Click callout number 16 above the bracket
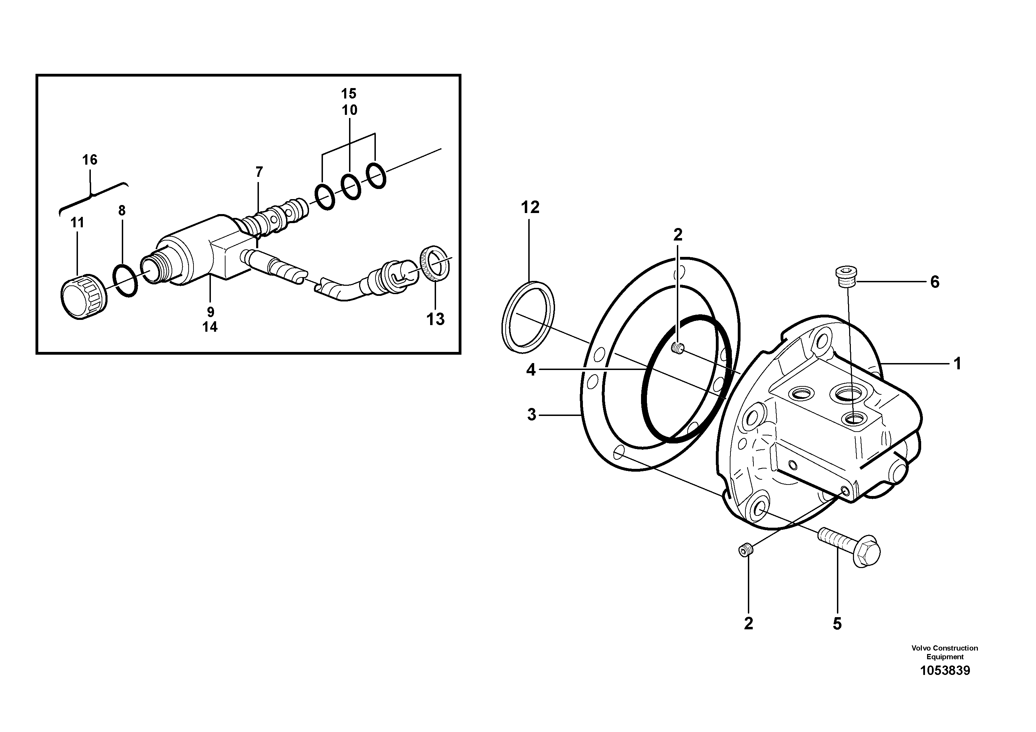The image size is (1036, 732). point(90,160)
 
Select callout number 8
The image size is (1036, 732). point(122,210)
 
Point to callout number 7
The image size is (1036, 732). point(259,172)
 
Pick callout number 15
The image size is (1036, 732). point(349,94)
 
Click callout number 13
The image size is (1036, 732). point(435,320)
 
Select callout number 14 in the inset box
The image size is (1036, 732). point(210,327)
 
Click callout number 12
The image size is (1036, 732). point(530,207)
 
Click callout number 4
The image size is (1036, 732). point(531,370)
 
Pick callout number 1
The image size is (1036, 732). point(957,363)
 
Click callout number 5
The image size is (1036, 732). point(837,624)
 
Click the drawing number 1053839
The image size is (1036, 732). point(945,671)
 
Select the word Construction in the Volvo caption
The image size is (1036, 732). point(955,648)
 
